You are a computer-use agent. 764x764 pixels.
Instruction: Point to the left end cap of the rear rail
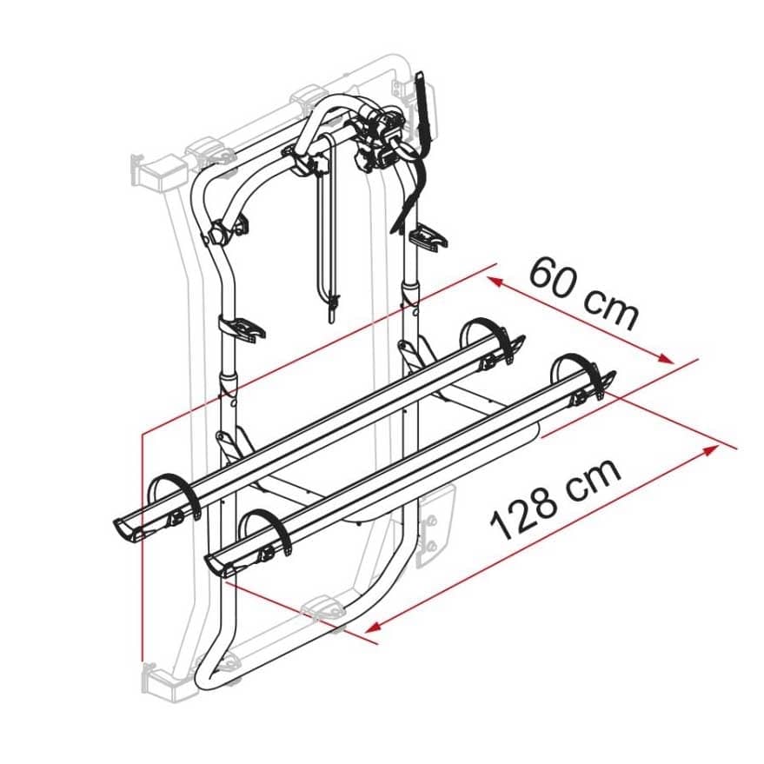point(125,527)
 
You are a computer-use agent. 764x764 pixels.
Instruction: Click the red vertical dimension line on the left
point(140,539)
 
